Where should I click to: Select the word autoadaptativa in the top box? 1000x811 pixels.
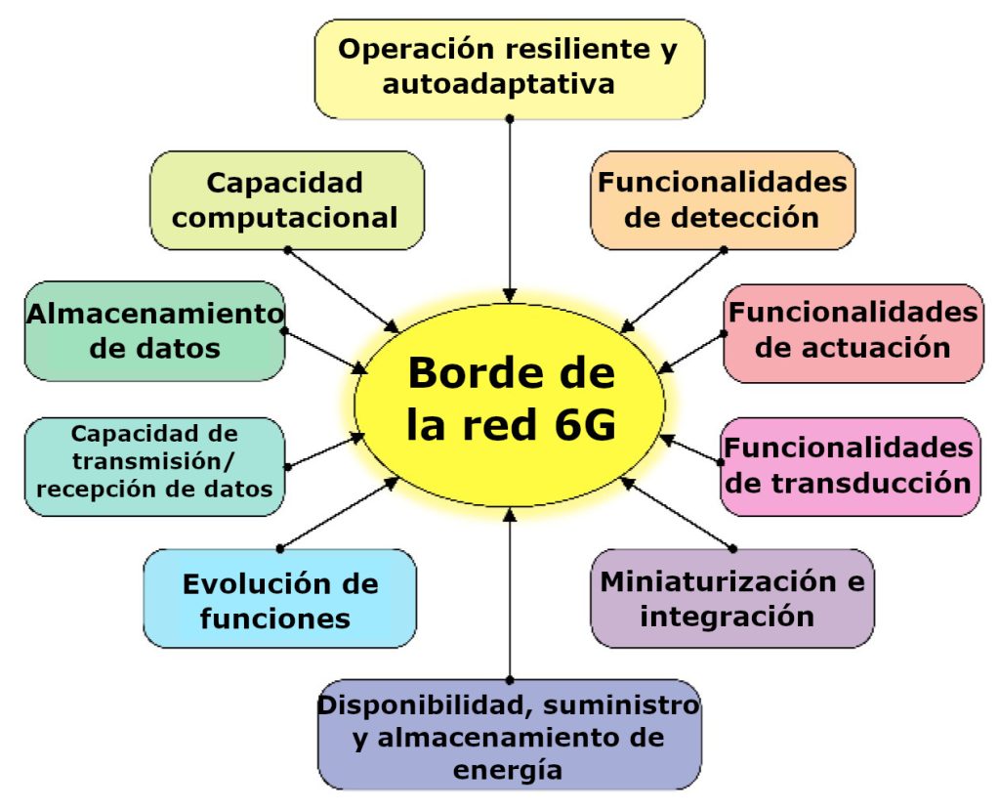click(x=498, y=84)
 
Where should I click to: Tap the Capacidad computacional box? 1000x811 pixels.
click(x=286, y=199)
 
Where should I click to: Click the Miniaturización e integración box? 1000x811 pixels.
click(x=731, y=598)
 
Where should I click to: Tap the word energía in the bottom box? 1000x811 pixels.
click(x=509, y=770)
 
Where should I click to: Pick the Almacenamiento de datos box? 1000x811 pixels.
click(x=154, y=330)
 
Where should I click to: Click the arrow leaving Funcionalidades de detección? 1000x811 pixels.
click(x=673, y=291)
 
